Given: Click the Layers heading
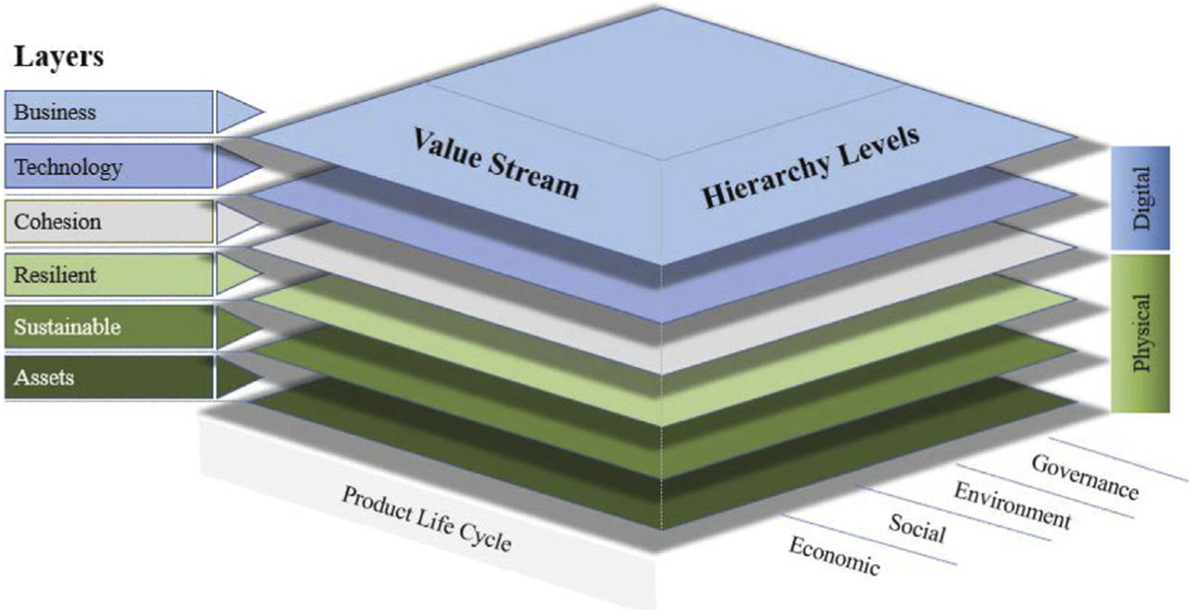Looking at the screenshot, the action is tap(59, 56).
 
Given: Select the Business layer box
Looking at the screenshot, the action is tap(108, 112).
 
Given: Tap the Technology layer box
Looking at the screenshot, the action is tap(108, 167).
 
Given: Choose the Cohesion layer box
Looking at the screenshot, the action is tap(108, 221).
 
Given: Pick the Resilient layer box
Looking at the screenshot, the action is tap(108, 274).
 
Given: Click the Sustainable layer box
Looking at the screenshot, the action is tap(108, 327).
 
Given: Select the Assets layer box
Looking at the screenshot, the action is tap(108, 377).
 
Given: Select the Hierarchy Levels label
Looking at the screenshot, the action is tap(810, 166).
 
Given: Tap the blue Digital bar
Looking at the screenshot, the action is tap(1141, 198).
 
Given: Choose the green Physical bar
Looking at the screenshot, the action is tap(1141, 333).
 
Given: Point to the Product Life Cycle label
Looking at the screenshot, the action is tap(427, 518).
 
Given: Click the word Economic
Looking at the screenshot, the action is tap(834, 556).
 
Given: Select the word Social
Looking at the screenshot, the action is tap(917, 528).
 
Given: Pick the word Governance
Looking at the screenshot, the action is tap(1085, 477).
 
